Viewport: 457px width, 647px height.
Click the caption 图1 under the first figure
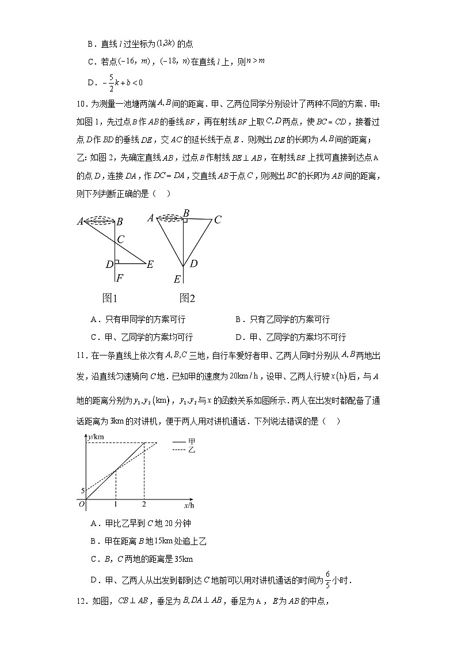pos(109,298)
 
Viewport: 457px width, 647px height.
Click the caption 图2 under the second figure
pos(187,298)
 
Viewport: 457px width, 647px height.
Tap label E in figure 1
pos(150,264)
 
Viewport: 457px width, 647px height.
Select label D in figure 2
pos(194,264)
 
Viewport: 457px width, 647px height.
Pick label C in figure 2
pos(218,220)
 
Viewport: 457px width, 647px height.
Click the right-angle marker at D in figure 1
pos(116,262)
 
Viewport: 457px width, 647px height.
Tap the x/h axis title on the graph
pos(189,505)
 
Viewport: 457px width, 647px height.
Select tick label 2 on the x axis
pos(143,505)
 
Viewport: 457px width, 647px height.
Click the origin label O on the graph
pos(82,505)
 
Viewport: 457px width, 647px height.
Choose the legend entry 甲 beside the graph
pos(183,441)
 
